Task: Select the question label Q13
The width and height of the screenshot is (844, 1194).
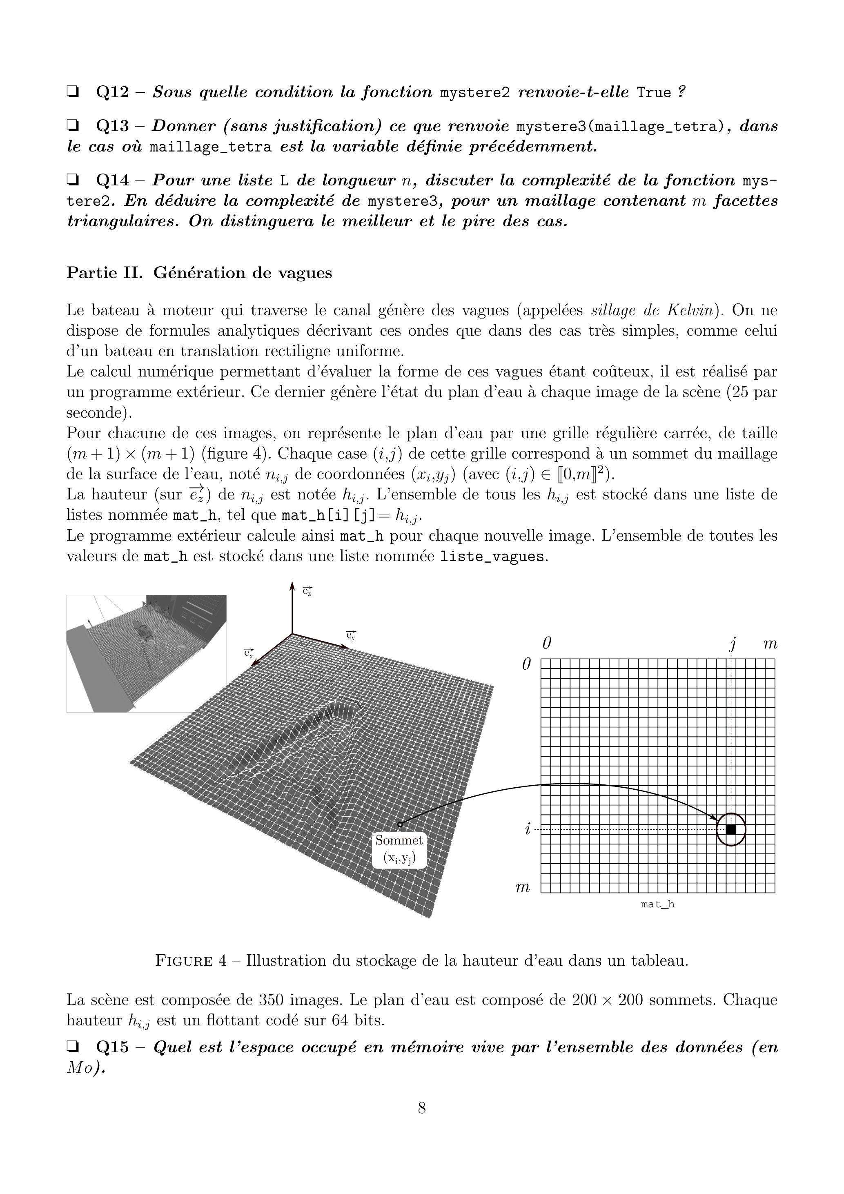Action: click(112, 126)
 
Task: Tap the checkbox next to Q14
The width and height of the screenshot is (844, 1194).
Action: click(73, 180)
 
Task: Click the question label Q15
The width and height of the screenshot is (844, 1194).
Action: click(112, 1047)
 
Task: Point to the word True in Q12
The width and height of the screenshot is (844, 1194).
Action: click(654, 93)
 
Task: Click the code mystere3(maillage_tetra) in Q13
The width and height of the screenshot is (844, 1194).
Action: click(621, 126)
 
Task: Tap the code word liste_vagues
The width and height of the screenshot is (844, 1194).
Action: click(492, 557)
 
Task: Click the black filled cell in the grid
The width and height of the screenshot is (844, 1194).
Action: click(730, 829)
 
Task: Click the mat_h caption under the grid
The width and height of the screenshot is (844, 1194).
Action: click(657, 904)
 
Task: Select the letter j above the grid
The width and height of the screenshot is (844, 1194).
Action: click(732, 644)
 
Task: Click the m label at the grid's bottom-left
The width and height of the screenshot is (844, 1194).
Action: click(522, 887)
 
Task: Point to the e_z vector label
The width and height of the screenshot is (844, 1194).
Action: click(307, 591)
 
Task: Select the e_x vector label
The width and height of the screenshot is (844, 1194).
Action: click(249, 653)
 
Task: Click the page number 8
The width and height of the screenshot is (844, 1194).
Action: click(422, 1108)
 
